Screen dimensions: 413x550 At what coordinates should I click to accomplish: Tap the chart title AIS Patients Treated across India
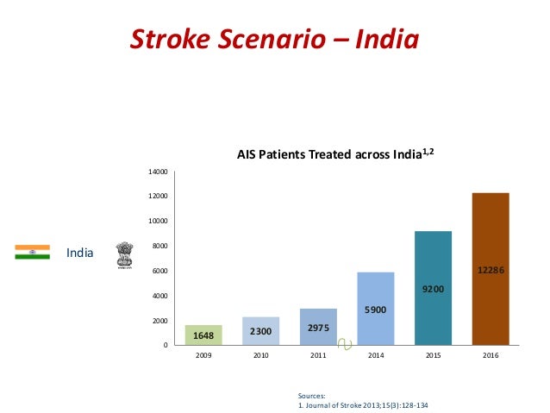tap(329, 155)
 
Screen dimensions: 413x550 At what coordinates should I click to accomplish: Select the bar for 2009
tap(203, 335)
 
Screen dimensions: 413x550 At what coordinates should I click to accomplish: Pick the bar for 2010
tap(260, 331)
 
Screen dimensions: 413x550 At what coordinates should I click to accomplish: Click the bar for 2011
tap(318, 327)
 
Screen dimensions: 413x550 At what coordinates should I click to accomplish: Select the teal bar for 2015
tap(433, 288)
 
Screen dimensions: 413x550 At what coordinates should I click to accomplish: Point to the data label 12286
tap(491, 270)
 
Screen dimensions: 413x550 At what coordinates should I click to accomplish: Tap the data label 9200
tap(433, 289)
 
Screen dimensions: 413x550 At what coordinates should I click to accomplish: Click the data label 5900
tap(375, 309)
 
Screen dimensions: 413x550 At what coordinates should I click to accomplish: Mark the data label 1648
tap(203, 335)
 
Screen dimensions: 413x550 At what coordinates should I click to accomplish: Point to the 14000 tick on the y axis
tap(158, 172)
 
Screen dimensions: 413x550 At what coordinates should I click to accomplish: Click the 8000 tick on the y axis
tap(159, 247)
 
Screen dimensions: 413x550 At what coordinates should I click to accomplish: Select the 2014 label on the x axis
tap(375, 354)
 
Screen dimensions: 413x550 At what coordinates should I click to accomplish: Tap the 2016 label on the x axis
tap(491, 354)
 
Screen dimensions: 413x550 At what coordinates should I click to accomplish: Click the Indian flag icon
tap(32, 252)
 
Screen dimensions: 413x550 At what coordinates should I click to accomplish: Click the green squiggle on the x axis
tap(345, 344)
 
